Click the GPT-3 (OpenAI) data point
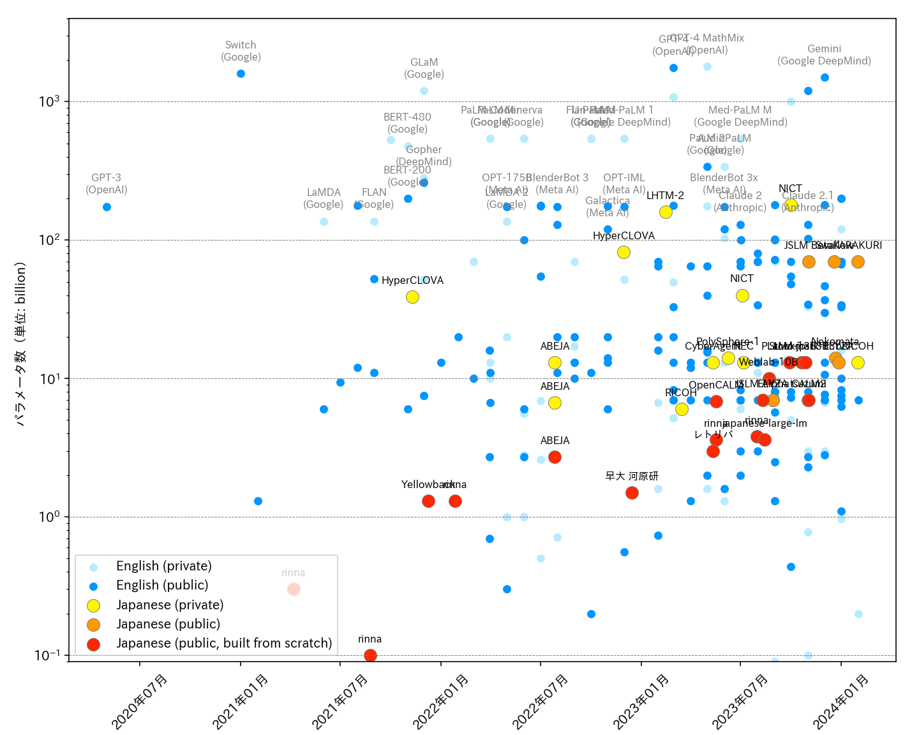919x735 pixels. [x=107, y=207]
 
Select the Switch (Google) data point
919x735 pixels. [x=241, y=73]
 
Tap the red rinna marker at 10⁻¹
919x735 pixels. [x=370, y=655]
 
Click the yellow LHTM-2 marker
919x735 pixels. [x=666, y=212]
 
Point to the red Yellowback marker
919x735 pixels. [x=428, y=501]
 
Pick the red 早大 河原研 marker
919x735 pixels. [x=632, y=493]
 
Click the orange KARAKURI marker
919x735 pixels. [x=858, y=262]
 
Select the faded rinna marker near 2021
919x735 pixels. [x=294, y=589]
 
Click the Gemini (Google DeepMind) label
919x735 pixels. [x=824, y=55]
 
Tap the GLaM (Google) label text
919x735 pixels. [x=424, y=68]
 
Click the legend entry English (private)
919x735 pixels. [x=163, y=567]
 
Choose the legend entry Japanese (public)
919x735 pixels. [x=168, y=624]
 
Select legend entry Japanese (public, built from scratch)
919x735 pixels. [x=223, y=643]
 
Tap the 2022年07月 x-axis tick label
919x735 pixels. [x=541, y=701]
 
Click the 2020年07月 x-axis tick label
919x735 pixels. [x=140, y=701]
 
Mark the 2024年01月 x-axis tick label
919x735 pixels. [x=841, y=701]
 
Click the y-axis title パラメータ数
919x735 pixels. [x=21, y=344]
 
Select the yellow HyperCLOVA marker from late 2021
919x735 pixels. [x=412, y=297]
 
